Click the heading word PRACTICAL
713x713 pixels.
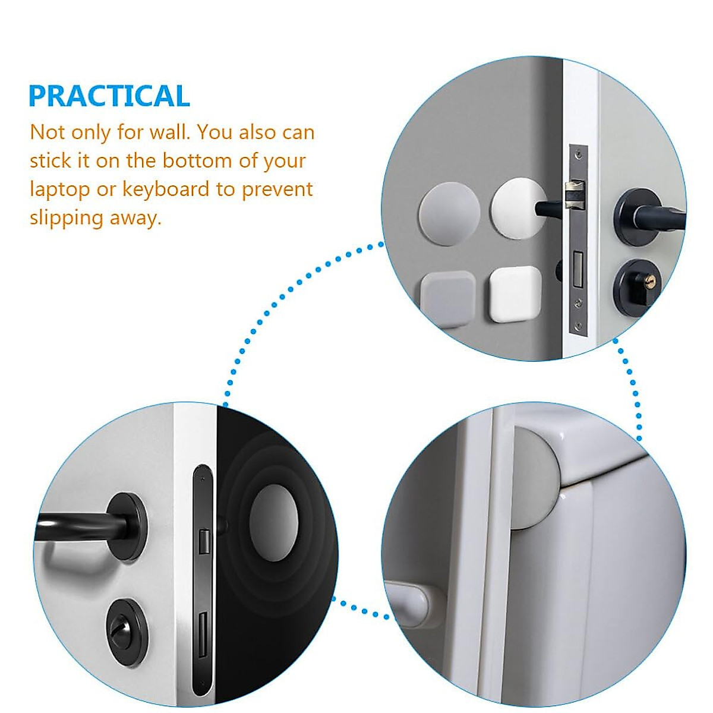click(109, 96)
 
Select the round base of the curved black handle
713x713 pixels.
click(128, 525)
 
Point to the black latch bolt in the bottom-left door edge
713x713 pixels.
click(204, 541)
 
